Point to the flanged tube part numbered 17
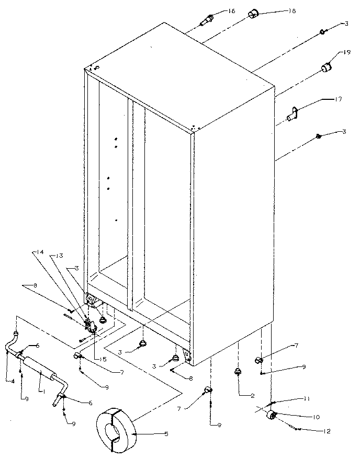(x=293, y=112)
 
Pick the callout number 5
(x=166, y=433)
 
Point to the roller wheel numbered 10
(x=272, y=415)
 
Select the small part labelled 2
(x=238, y=372)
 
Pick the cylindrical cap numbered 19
(x=327, y=68)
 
